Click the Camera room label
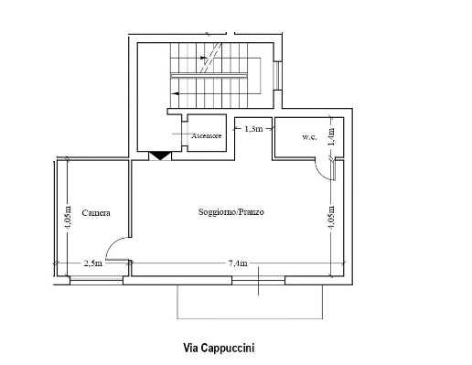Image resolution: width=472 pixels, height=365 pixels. coord(96,212)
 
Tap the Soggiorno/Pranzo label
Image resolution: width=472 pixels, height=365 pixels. coord(231,211)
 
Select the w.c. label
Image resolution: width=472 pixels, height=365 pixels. coord(309,137)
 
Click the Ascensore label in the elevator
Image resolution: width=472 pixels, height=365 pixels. coord(207,135)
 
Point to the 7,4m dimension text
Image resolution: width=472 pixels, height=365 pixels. coord(238,263)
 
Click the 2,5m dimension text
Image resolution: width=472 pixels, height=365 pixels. coord(93,263)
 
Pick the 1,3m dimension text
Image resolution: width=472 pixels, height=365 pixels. coord(253,129)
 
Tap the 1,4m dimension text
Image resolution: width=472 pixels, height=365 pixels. coord(332,136)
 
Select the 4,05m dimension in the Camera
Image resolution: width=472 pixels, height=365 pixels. coord(68,217)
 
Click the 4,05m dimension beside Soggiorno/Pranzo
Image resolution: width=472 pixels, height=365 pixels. coord(332,217)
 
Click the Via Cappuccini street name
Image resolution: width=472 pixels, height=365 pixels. coord(219,348)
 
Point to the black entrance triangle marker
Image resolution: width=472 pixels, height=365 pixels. coord(160,156)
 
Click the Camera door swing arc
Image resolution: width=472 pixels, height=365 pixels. coord(113,243)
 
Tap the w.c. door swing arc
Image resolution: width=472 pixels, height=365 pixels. coord(320,173)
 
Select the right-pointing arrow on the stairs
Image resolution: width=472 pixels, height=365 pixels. coord(203,58)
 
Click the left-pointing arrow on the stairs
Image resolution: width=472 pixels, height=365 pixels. coord(177,93)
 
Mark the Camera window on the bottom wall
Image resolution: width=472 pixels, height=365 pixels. coord(96,281)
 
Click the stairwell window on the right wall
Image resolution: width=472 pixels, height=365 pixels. coord(278,76)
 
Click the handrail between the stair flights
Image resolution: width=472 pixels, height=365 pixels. coord(209,76)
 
